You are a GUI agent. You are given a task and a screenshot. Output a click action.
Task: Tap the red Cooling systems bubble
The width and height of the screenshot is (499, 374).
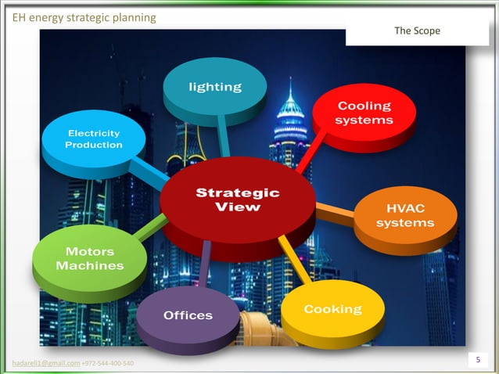364,113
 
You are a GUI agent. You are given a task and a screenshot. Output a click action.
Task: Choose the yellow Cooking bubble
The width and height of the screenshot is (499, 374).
332,311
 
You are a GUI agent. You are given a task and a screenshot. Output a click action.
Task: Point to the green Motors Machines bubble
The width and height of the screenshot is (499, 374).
88,259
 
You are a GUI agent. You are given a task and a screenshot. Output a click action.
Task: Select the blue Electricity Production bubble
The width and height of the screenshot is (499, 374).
93,140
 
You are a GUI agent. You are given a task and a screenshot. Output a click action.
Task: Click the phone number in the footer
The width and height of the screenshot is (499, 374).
107,364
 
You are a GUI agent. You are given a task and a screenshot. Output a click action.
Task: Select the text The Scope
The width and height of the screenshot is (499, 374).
417,31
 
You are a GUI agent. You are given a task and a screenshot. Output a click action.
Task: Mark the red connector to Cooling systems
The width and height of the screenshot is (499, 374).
307,156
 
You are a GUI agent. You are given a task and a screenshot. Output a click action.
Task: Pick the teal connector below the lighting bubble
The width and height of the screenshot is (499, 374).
224,140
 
